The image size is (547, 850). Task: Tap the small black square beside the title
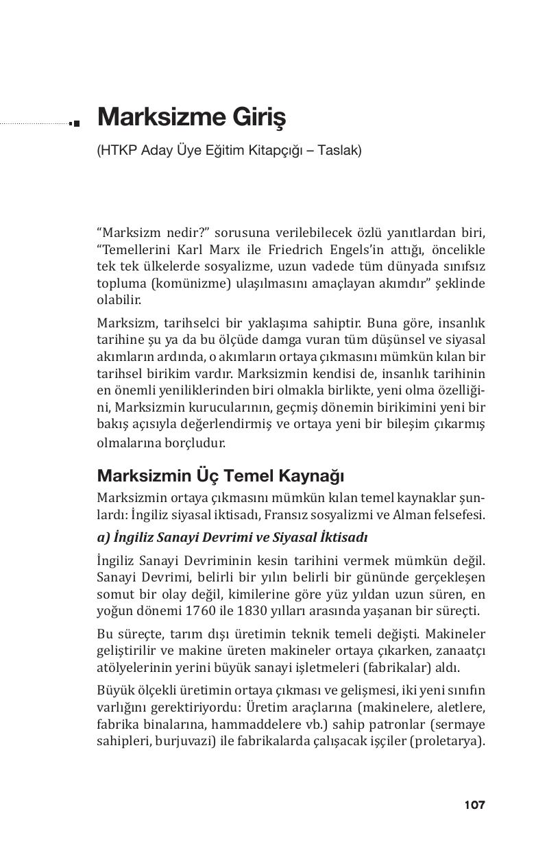pyautogui.click(x=75, y=123)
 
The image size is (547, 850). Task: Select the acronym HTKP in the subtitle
pyautogui.click(x=119, y=151)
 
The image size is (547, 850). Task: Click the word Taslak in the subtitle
pyautogui.click(x=337, y=151)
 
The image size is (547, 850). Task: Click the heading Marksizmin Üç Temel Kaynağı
pyautogui.click(x=220, y=475)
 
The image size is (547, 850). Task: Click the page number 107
pyautogui.click(x=474, y=805)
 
